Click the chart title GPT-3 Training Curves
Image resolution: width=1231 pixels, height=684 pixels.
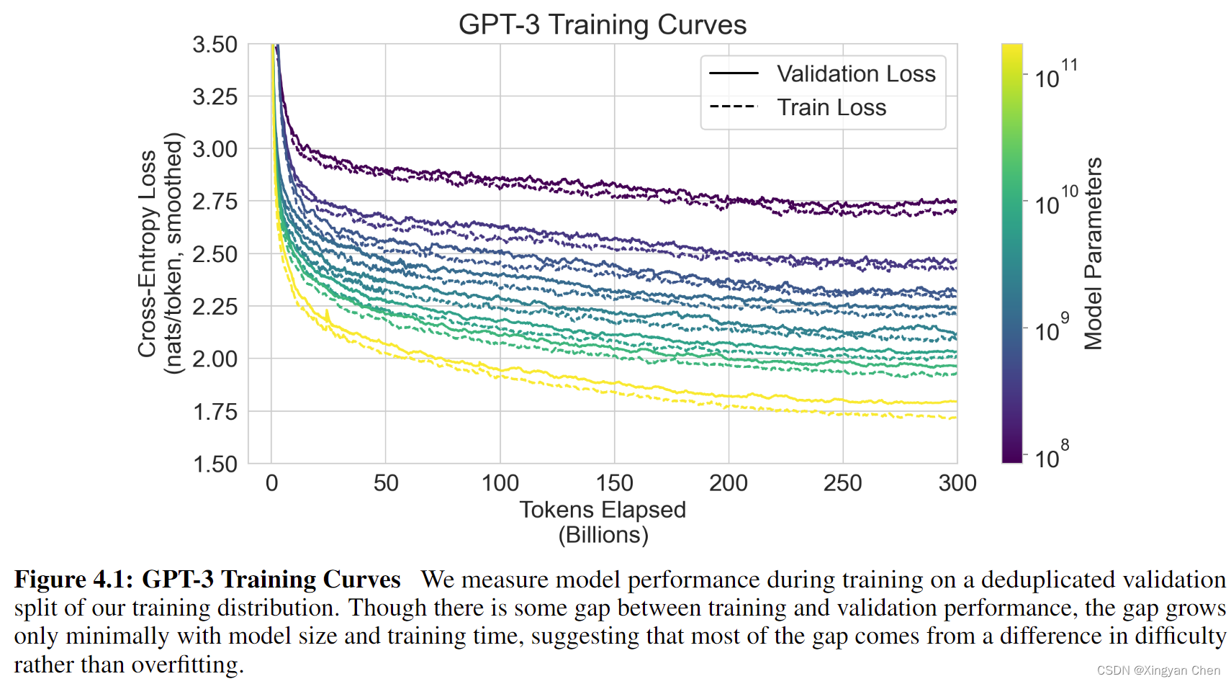click(x=602, y=25)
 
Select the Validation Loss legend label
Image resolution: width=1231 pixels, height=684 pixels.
click(x=856, y=74)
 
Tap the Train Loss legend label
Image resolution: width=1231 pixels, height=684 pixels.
click(x=831, y=108)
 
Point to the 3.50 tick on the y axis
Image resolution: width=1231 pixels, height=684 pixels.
click(x=215, y=45)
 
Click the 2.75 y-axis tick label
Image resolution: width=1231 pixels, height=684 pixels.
click(x=215, y=202)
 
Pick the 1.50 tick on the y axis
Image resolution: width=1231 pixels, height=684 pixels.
click(x=215, y=464)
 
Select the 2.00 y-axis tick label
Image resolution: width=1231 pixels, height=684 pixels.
click(x=215, y=359)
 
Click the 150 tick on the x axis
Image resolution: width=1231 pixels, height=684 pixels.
click(x=614, y=483)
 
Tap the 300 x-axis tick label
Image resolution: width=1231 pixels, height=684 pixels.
click(x=957, y=483)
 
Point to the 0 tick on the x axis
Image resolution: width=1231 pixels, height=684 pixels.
click(x=271, y=483)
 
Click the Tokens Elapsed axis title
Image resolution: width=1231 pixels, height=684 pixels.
click(x=603, y=510)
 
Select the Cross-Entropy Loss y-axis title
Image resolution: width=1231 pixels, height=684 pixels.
click(x=148, y=253)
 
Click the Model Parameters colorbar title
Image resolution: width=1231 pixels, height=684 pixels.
click(x=1094, y=253)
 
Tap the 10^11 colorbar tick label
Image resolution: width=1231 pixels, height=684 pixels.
click(x=1055, y=75)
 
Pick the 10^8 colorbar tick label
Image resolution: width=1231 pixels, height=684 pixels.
click(x=1051, y=456)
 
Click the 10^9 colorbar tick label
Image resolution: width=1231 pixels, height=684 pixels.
click(x=1051, y=329)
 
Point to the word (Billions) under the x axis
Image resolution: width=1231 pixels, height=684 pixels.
click(x=603, y=535)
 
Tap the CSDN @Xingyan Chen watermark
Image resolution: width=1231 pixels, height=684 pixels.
click(x=1158, y=670)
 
